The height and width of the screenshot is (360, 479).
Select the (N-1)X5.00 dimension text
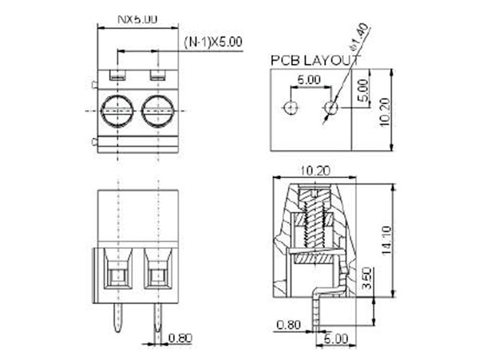(213, 42)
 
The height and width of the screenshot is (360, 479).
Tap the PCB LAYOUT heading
(315, 60)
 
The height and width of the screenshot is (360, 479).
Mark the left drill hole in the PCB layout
(291, 107)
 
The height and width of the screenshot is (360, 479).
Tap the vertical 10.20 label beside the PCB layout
(384, 109)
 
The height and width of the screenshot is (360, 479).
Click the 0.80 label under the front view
(180, 338)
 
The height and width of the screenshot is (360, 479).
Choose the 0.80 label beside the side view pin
(288, 324)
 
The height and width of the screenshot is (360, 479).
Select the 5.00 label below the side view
(336, 338)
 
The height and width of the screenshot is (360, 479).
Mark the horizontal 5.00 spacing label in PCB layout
(309, 81)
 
